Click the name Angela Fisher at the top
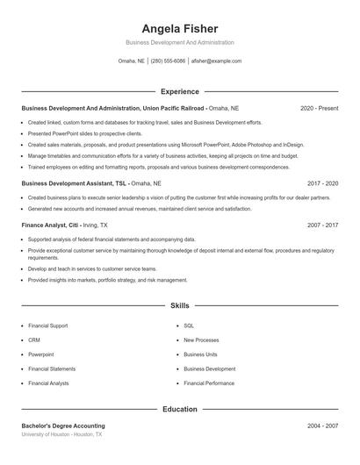click(179, 28)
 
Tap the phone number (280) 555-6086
click(168, 61)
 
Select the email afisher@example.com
click(216, 61)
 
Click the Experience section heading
click(179, 91)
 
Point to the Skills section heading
click(179, 306)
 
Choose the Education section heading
click(179, 409)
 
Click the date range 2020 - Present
click(319, 108)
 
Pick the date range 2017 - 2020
click(322, 183)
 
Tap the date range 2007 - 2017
click(322, 225)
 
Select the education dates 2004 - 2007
click(322, 426)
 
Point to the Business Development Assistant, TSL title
click(76, 183)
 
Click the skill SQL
click(189, 325)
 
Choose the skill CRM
click(34, 340)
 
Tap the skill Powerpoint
click(41, 354)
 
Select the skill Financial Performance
click(209, 383)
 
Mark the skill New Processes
click(201, 340)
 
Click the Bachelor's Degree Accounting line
click(63, 426)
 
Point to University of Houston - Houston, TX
click(61, 434)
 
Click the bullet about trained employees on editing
click(158, 167)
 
